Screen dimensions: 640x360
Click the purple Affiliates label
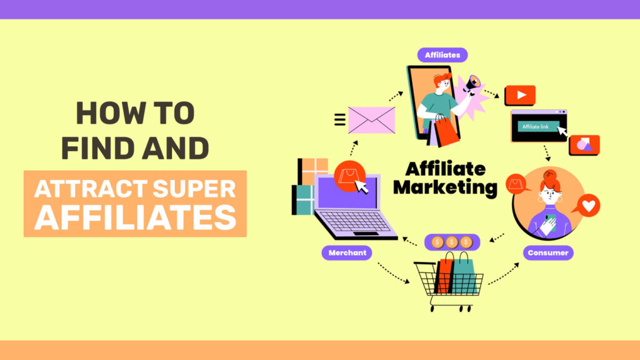442,55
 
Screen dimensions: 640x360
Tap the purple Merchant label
347,252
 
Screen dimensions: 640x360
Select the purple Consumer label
548,252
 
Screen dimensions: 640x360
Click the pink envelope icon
371,120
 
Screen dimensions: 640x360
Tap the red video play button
521,95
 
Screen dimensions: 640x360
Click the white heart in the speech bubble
589,205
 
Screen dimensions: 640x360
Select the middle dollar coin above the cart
452,242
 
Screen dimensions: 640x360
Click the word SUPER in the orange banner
194,189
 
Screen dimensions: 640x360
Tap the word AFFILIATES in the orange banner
135,217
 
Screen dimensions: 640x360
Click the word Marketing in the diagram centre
445,187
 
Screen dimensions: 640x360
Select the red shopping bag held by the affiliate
446,130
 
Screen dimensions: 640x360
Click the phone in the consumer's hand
551,222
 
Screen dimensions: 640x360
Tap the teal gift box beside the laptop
303,199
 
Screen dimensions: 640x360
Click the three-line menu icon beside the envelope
339,119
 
